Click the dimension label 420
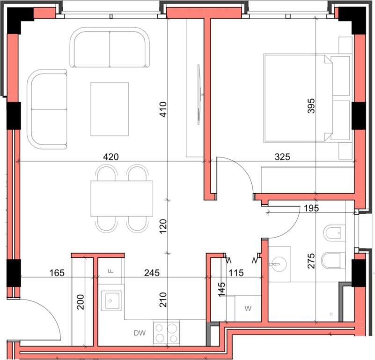pyautogui.click(x=110, y=157)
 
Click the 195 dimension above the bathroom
pyautogui.click(x=311, y=208)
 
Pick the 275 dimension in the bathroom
pyautogui.click(x=312, y=261)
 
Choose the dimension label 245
pyautogui.click(x=152, y=272)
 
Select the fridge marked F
pyautogui.click(x=110, y=271)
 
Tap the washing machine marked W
pyautogui.click(x=247, y=309)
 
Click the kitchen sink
pyautogui.click(x=111, y=300)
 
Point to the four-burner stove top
pyautogui.click(x=167, y=333)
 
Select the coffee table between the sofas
pyautogui.click(x=110, y=109)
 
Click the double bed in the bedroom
pyautogui.click(x=300, y=97)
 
